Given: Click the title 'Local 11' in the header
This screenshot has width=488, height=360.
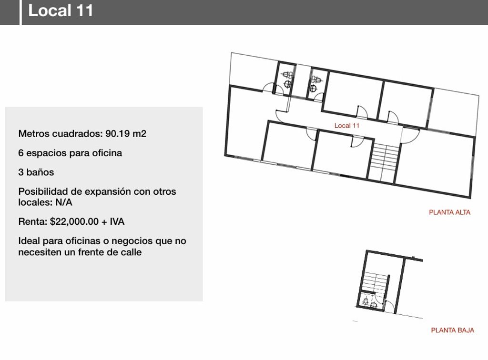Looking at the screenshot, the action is (x=61, y=10).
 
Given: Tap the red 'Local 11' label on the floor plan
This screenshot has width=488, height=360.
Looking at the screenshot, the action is (x=347, y=126).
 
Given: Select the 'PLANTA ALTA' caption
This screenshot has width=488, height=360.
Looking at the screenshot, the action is (x=449, y=212).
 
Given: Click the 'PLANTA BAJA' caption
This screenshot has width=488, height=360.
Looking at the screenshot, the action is (x=453, y=330).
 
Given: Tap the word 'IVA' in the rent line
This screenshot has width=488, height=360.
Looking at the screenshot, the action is (x=117, y=221).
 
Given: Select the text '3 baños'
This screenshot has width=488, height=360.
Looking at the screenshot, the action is (x=36, y=172).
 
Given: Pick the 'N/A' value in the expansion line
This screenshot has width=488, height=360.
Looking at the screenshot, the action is (x=64, y=202).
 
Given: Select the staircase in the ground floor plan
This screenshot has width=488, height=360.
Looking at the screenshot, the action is (x=376, y=281).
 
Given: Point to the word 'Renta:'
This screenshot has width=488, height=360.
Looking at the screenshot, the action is (x=33, y=221).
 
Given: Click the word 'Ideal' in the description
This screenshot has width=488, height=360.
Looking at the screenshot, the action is (x=29, y=241).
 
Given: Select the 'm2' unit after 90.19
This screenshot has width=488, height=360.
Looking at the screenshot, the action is (x=139, y=134).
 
